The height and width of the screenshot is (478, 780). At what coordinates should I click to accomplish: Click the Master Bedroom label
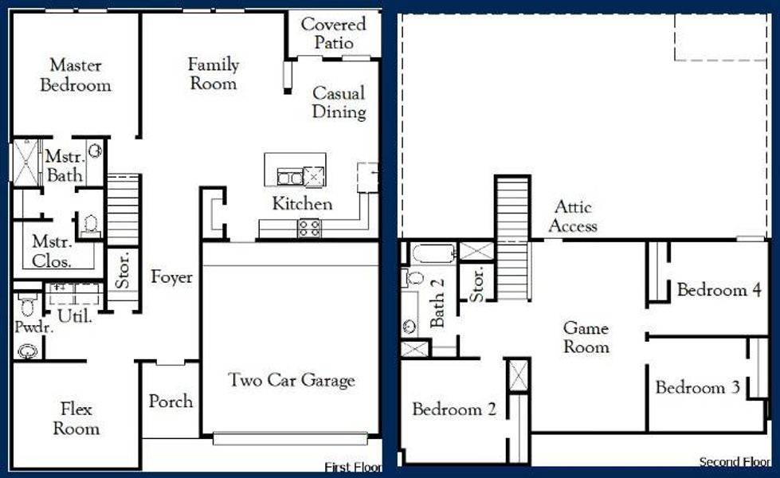coord(76,75)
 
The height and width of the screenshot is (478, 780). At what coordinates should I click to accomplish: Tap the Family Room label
coord(213,73)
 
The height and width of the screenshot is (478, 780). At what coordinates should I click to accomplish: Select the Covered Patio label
coord(333,33)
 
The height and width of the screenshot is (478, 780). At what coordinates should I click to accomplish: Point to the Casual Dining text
coord(339,102)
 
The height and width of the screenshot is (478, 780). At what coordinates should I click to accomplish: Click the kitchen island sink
coord(290,176)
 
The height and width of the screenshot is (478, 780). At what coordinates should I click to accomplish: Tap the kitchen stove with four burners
coord(309,229)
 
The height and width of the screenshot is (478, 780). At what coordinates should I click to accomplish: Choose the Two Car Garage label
coord(292,380)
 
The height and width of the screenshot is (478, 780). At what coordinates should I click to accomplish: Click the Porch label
coord(171,401)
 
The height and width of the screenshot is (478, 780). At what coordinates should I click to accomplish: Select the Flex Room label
coord(76,419)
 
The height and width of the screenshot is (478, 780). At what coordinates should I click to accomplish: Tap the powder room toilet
coord(27,307)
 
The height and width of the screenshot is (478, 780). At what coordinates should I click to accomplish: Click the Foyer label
coord(171,277)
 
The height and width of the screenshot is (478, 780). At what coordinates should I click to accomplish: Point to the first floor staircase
coord(123,199)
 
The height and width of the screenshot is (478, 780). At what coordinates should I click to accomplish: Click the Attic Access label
coord(573,216)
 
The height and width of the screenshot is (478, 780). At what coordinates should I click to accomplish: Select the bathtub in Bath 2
coord(433,253)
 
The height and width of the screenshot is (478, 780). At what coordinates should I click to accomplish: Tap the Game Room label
coord(586,337)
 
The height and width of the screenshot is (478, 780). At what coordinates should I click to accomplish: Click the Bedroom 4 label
coord(719,290)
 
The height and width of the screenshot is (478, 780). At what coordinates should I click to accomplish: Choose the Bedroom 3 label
coord(698,388)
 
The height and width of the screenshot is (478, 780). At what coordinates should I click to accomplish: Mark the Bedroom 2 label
coord(454,409)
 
